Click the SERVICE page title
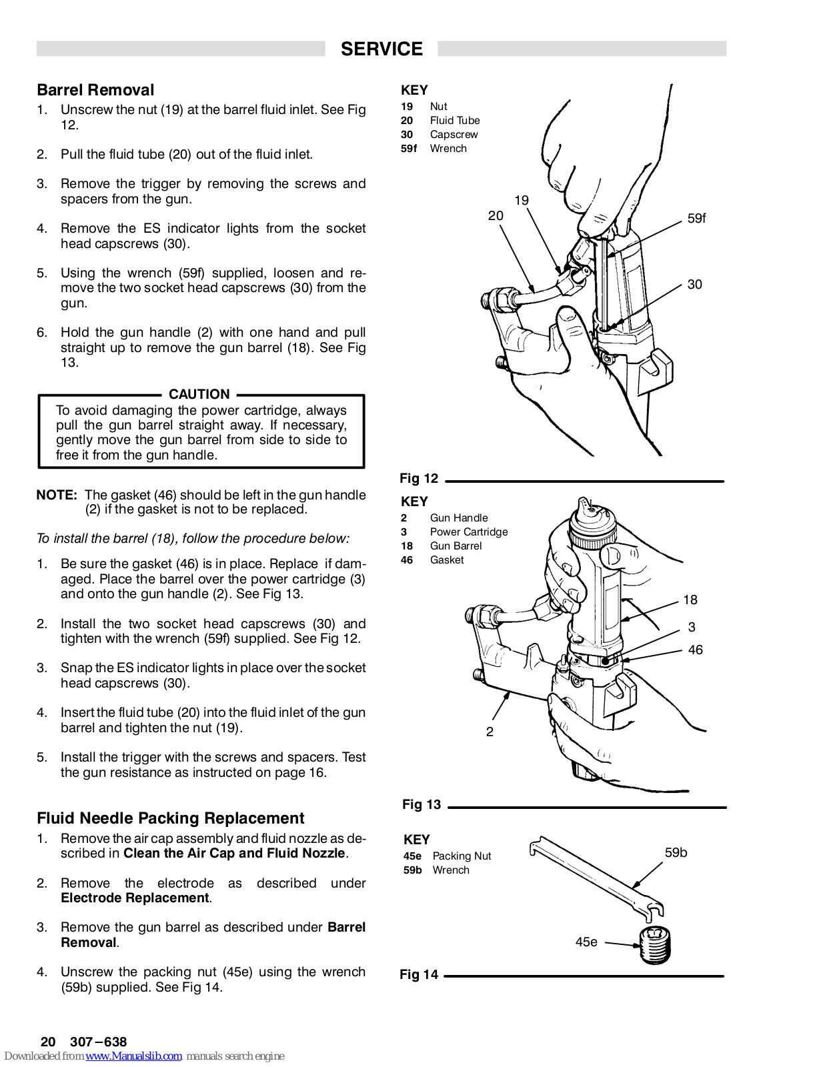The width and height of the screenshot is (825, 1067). tap(381, 49)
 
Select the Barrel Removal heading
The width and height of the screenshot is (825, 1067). tap(95, 90)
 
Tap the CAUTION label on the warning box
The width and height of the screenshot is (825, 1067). tap(199, 394)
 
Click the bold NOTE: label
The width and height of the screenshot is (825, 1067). tap(57, 495)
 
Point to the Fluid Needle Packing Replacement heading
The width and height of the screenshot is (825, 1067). tap(170, 818)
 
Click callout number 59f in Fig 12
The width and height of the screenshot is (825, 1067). tap(696, 218)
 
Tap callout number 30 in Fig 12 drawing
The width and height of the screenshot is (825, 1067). tap(694, 284)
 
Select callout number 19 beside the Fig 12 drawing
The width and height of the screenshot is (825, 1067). tap(522, 200)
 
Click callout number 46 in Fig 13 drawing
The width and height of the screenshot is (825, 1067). tap(695, 650)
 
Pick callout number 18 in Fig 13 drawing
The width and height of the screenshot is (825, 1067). tap(690, 600)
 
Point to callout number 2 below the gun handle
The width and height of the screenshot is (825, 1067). tap(490, 732)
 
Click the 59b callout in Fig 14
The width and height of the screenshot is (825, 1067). tap(676, 852)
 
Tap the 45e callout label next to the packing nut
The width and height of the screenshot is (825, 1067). tap(586, 942)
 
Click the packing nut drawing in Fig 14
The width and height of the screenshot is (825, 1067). tap(655, 945)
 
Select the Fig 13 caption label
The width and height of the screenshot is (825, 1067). tap(422, 804)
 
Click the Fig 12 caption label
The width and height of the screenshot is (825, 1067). tap(419, 478)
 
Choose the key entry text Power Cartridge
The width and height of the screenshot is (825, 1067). tap(469, 531)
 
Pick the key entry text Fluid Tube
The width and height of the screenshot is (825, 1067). tap(455, 120)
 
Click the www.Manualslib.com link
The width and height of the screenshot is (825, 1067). tap(133, 1056)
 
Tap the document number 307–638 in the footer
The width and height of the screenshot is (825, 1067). tap(98, 1042)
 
